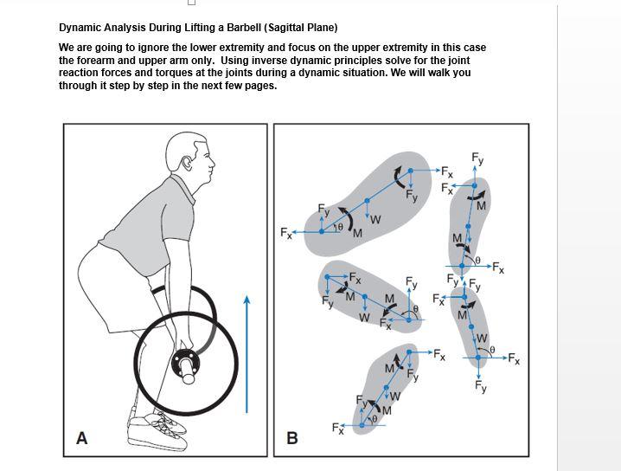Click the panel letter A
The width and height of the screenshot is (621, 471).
(x=82, y=438)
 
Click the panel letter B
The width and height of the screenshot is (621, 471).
(x=292, y=438)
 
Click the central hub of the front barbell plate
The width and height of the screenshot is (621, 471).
(x=184, y=361)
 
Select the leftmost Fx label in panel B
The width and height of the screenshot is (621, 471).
(x=286, y=233)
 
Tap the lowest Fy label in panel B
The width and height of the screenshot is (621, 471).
(x=481, y=388)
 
